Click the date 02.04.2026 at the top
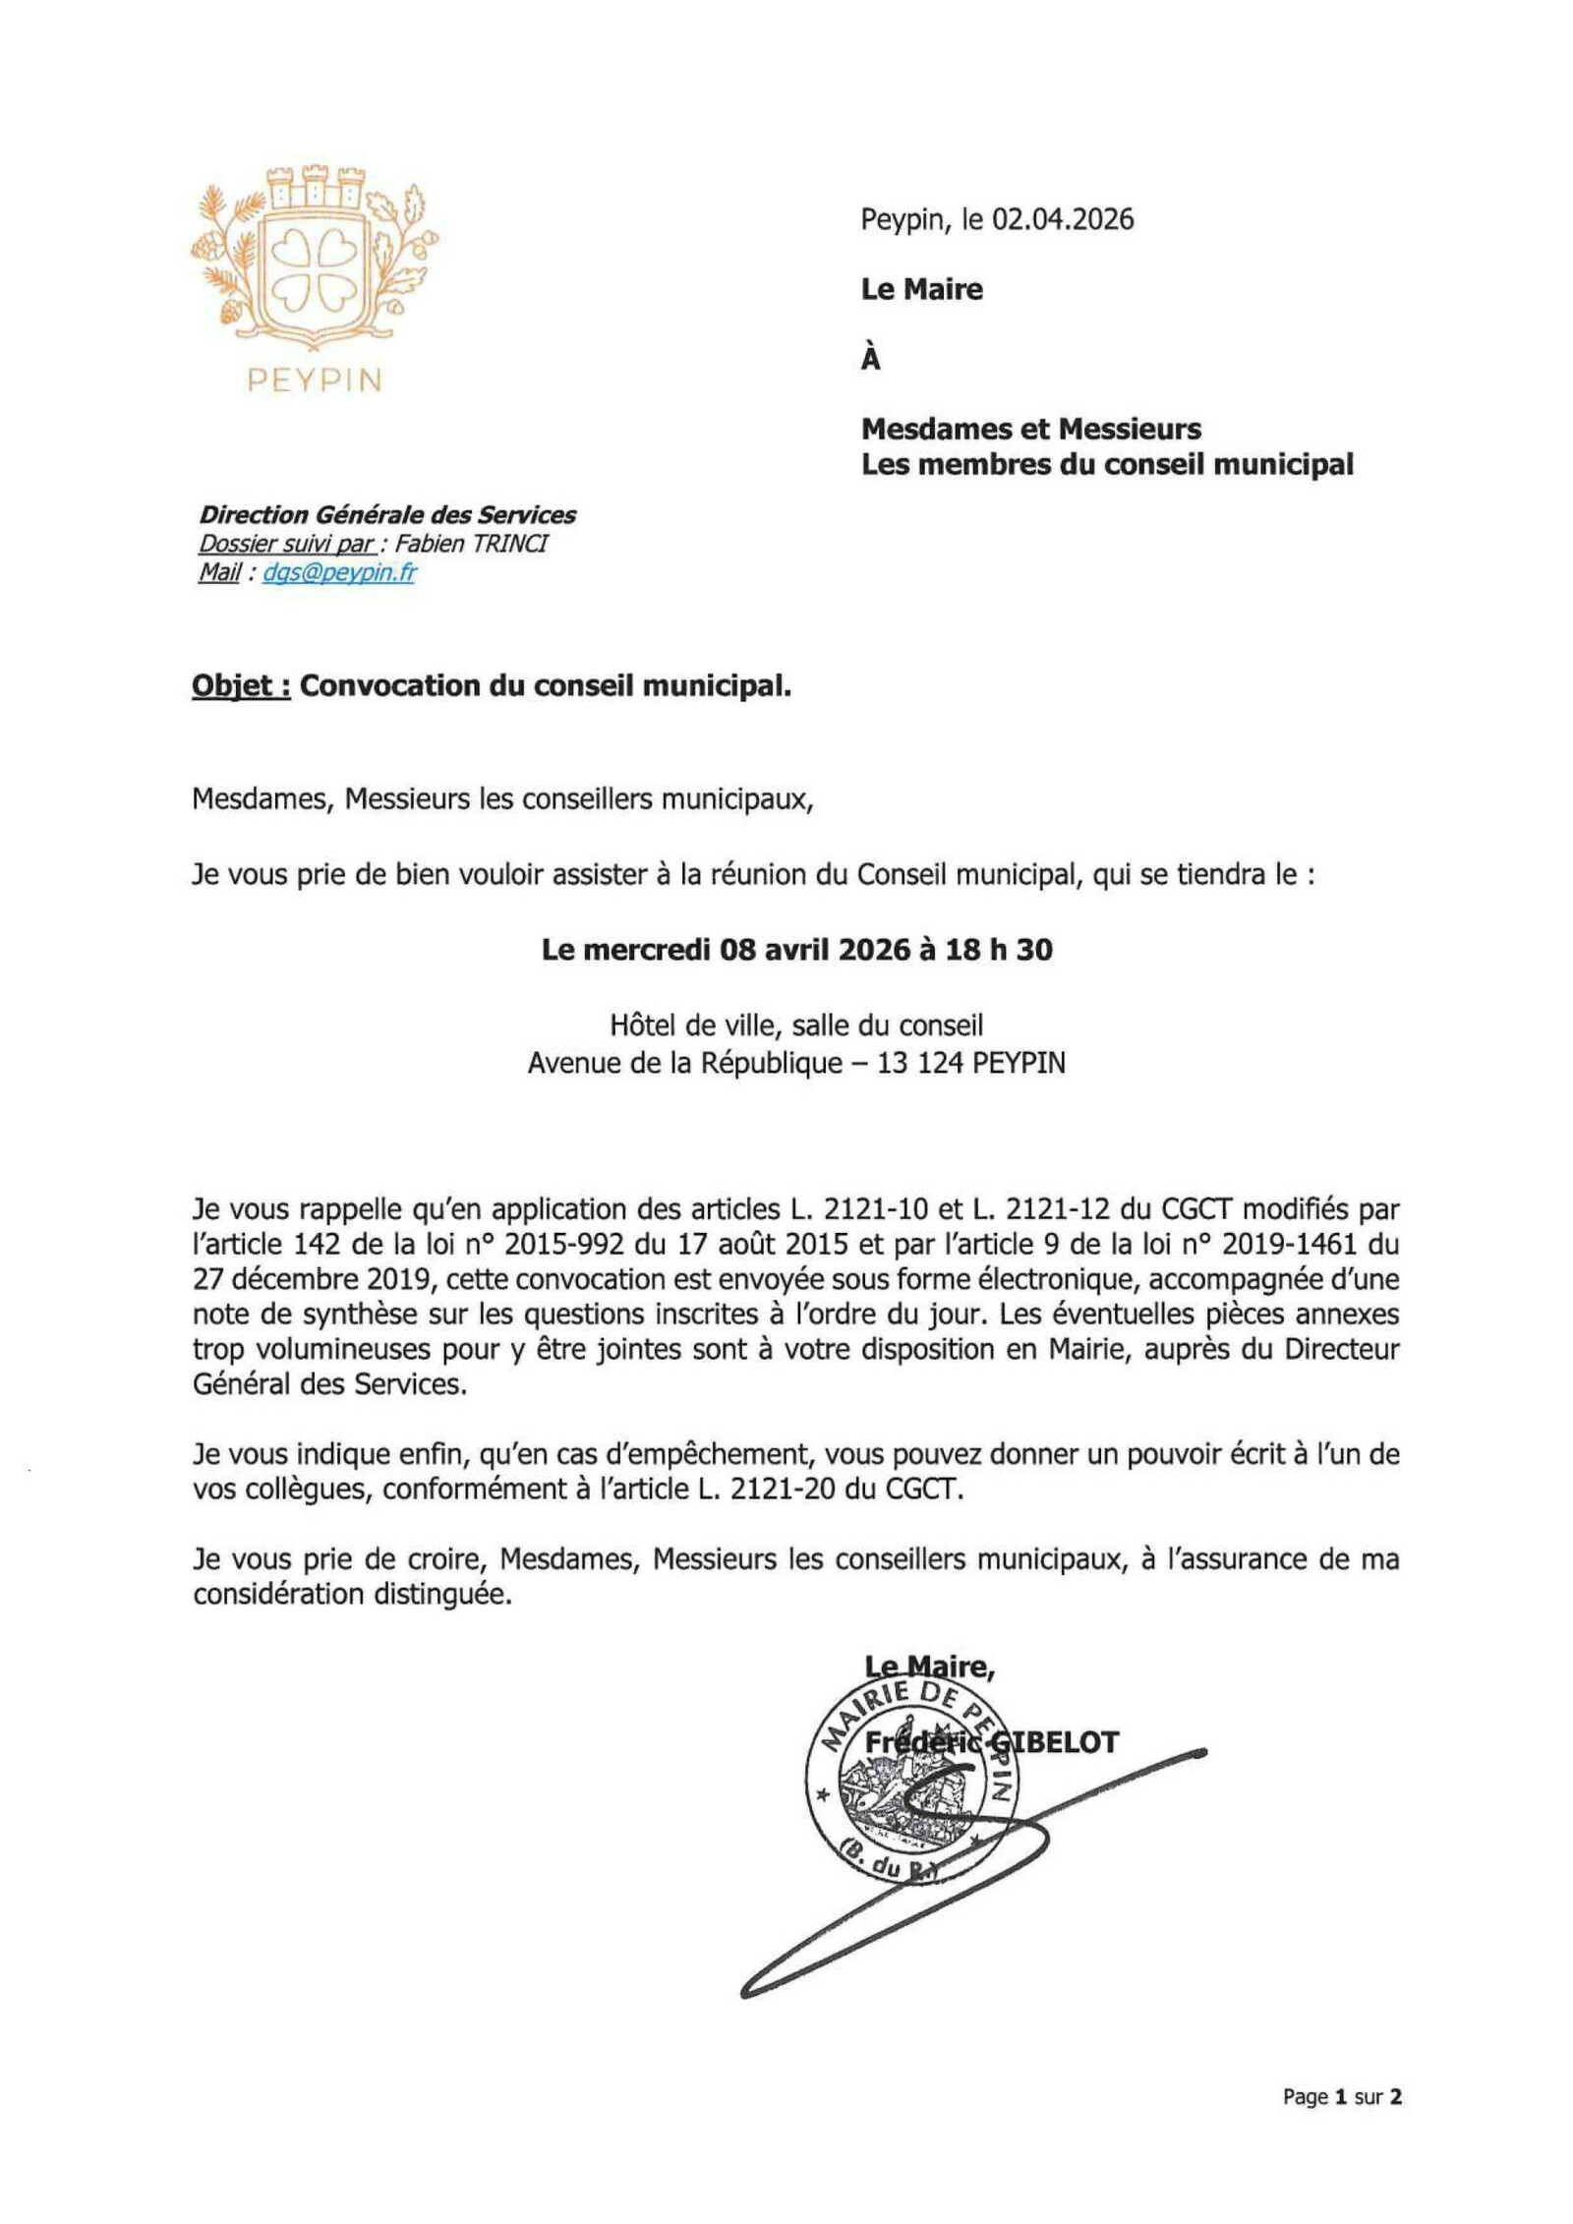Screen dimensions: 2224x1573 pos(1062,219)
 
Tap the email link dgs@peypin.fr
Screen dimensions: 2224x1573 pos(338,572)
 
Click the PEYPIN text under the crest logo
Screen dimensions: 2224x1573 pos(315,380)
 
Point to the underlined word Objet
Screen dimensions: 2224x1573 pos(240,685)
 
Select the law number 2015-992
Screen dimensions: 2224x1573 pos(564,1244)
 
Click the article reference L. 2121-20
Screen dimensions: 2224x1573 pos(767,1489)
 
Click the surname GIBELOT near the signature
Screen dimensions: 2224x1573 pos(1057,1743)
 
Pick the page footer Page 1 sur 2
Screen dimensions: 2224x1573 pos(1341,2097)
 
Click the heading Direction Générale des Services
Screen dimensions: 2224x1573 pos(387,514)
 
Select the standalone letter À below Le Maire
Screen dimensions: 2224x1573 pos(870,360)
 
